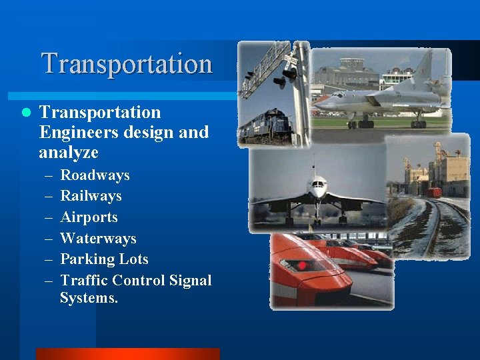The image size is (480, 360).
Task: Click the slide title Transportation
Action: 127,64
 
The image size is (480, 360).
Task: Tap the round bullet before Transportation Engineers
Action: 26,113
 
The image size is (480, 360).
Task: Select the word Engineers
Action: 75,132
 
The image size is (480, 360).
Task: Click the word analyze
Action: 69,153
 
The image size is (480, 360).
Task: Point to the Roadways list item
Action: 95,175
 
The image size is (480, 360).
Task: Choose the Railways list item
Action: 91,196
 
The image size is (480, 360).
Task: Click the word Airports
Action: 89,217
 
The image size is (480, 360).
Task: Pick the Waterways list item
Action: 98,239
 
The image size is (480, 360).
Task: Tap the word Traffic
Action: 83,281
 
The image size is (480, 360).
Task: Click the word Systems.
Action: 89,298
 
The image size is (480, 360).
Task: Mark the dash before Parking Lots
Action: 48,260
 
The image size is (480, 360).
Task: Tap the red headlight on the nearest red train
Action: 302,265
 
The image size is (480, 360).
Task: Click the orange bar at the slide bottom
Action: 127,353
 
